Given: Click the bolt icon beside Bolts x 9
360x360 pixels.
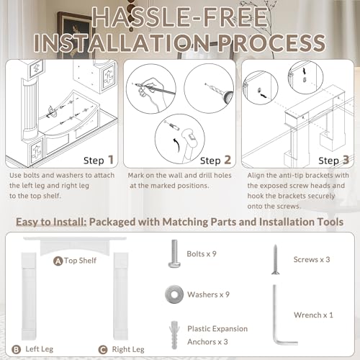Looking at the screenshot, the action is tap(174, 253).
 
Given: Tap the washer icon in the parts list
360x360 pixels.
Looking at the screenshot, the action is tap(174, 294).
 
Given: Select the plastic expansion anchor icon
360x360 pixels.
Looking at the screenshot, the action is tap(174, 335).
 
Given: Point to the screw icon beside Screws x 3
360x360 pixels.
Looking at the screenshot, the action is tap(275, 259).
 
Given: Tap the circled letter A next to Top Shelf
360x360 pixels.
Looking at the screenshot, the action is tap(58, 261).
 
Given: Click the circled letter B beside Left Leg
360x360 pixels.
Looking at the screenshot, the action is tap(16, 349).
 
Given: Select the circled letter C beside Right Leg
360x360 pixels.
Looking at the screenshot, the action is tap(103, 350).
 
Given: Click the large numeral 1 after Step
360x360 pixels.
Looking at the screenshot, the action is tap(111, 160).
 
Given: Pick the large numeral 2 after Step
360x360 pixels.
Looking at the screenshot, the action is tap(228, 160).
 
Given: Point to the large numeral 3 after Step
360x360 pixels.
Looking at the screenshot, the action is tap(346, 160).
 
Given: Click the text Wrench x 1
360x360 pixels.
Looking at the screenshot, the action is tap(313, 315).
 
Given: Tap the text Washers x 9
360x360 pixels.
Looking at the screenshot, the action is tap(208, 294).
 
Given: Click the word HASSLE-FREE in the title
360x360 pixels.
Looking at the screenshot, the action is tap(180, 17).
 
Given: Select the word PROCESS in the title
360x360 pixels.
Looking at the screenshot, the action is tap(271, 42).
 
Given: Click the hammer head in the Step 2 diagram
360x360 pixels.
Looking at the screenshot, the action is tap(189, 137).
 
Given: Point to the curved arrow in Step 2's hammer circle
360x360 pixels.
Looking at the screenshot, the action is tap(176, 145).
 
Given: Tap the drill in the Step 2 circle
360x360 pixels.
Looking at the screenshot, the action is tap(220, 92).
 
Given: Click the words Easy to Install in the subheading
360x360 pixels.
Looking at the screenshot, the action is tap(51, 222).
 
